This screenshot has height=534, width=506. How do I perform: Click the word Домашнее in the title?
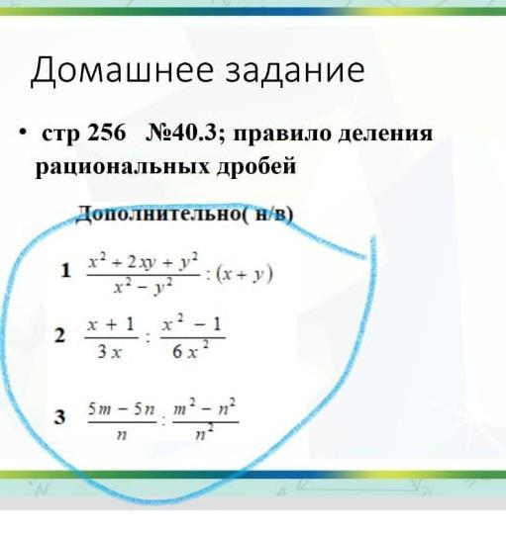[123, 71]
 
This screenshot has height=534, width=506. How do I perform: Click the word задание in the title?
[295, 71]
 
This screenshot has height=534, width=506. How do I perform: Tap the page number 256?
[107, 133]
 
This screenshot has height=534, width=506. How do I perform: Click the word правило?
[282, 134]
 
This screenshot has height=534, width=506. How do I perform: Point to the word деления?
[386, 134]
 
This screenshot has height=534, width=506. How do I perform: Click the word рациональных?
[123, 167]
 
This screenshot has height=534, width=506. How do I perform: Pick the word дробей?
[256, 166]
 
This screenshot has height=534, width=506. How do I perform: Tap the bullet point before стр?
[23, 132]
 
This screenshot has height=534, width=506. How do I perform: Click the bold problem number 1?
[65, 271]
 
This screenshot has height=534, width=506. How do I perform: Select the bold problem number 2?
[59, 335]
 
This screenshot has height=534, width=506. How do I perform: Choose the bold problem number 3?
[59, 417]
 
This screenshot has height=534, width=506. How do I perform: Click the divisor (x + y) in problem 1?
[245, 275]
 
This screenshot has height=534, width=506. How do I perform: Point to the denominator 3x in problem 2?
[109, 352]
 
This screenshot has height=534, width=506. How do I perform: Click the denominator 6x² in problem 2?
[191, 351]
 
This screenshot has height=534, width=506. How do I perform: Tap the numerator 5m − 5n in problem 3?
[122, 409]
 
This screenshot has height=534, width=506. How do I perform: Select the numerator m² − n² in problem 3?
[205, 407]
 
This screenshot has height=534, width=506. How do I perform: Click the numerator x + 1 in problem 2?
[111, 324]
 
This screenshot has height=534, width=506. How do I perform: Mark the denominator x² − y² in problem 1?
[144, 288]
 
